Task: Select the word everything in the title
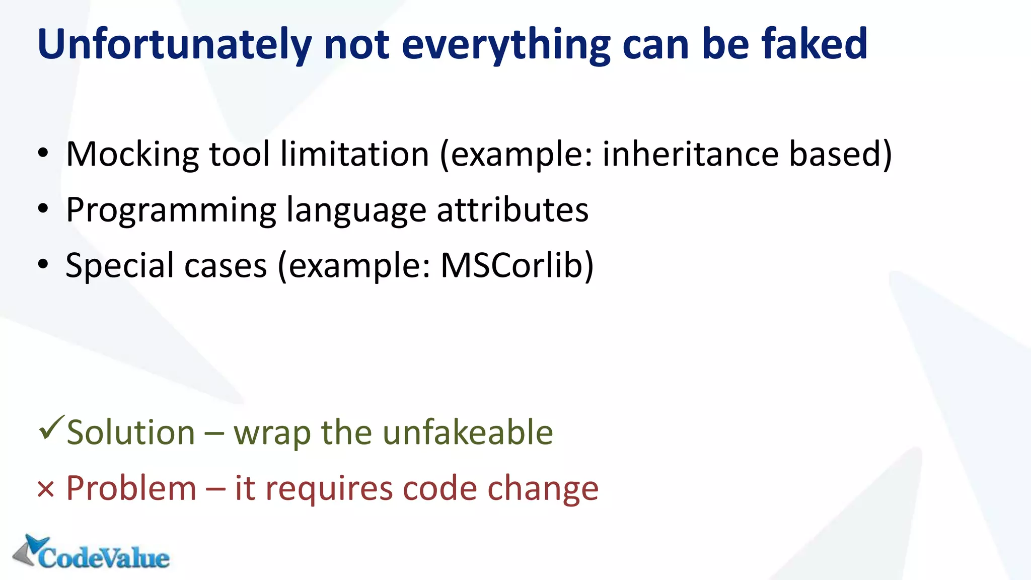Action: point(506,44)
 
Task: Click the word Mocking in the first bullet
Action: point(132,154)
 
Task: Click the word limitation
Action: point(354,154)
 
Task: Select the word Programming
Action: point(171,210)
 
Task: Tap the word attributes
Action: point(512,210)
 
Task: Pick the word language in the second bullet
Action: point(356,210)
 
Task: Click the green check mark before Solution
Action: point(51,427)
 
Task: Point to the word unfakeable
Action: point(468,432)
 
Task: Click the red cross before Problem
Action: point(45,489)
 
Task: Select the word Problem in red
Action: point(131,488)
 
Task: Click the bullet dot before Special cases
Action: point(43,264)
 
